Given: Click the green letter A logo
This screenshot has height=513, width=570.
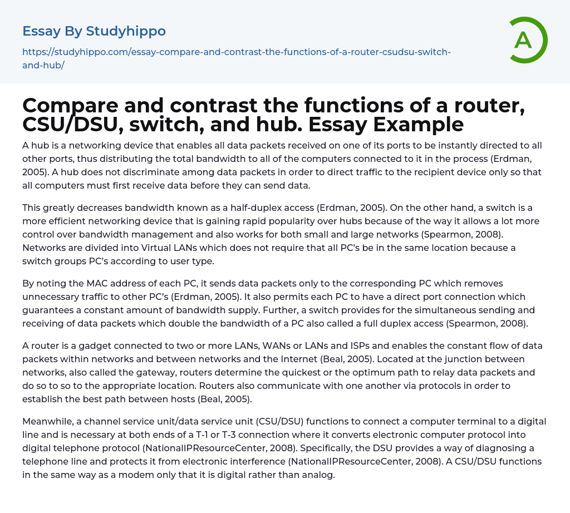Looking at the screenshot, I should click(527, 40).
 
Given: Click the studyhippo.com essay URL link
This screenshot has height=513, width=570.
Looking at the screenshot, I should click(236, 52).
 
